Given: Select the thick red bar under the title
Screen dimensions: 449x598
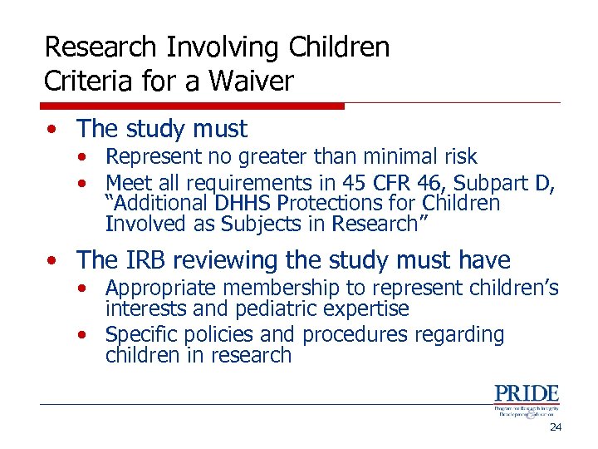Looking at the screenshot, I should (192, 106).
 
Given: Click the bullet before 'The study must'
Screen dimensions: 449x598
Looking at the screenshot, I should (52, 130).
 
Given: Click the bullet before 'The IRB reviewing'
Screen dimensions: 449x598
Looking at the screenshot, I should (52, 261).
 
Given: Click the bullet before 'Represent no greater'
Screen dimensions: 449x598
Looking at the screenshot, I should (85, 157).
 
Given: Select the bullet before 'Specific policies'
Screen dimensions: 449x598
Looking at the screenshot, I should (85, 335).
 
